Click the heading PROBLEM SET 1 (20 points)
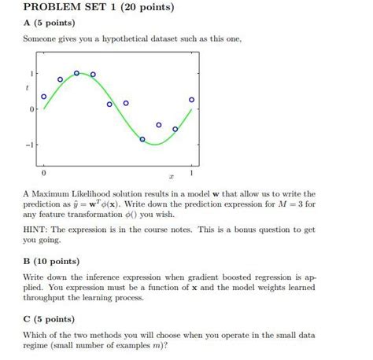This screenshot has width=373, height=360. click(99, 9)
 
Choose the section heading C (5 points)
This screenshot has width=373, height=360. click(49, 319)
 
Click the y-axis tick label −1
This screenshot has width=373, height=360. click(29, 145)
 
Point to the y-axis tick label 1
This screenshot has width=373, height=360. click(31, 73)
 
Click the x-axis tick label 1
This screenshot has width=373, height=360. click(192, 171)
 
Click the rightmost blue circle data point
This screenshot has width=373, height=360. click(191, 100)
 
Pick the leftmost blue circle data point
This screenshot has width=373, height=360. click(43, 97)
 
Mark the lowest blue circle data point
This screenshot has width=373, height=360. click(142, 139)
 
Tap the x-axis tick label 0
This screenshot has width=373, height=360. click(43, 171)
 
